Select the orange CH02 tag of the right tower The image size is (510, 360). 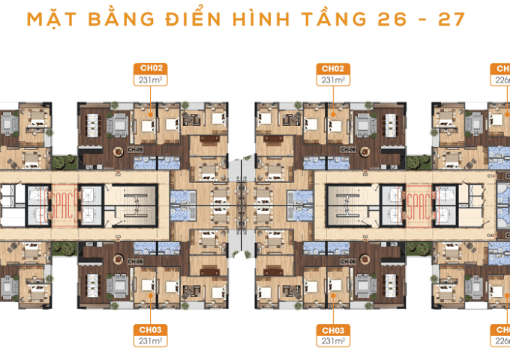(x=331, y=67)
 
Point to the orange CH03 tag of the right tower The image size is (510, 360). (x=331, y=329)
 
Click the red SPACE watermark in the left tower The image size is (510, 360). (x=63, y=202)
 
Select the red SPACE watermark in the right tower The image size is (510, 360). (x=415, y=202)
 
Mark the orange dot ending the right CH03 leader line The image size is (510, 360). (x=331, y=294)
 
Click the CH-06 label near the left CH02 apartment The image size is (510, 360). (x=136, y=149)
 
